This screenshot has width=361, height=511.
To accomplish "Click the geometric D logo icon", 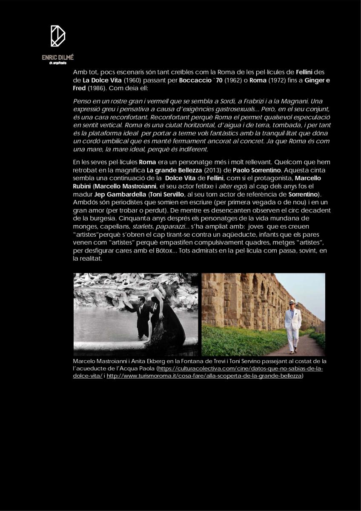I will point(58,36).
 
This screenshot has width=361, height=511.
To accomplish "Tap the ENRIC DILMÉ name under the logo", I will point(58,57).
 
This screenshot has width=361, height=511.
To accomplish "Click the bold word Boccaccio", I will point(195,80).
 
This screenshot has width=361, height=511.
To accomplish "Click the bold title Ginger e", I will point(317,80).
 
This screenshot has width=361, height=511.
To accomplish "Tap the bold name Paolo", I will point(244,170).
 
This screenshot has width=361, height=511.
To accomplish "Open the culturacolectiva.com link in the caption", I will point(240,369).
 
